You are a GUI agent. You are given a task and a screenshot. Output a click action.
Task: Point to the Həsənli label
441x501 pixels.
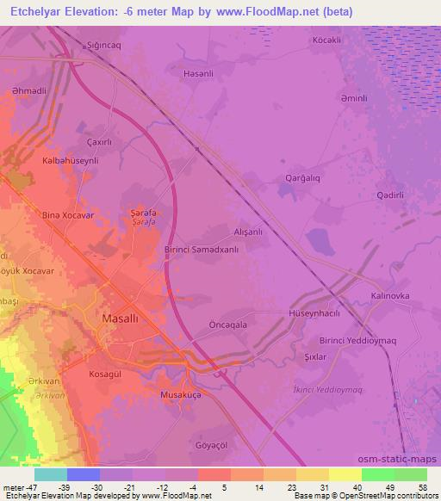[199, 74]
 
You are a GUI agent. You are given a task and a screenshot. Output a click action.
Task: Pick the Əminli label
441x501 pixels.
[353, 98]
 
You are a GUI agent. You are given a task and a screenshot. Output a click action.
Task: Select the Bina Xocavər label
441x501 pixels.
[67, 214]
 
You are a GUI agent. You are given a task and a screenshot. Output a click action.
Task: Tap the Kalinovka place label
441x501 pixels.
[390, 295]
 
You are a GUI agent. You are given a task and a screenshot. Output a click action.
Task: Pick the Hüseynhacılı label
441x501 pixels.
[315, 313]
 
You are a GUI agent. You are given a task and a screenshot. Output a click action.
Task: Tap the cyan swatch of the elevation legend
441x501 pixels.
[50, 473]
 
